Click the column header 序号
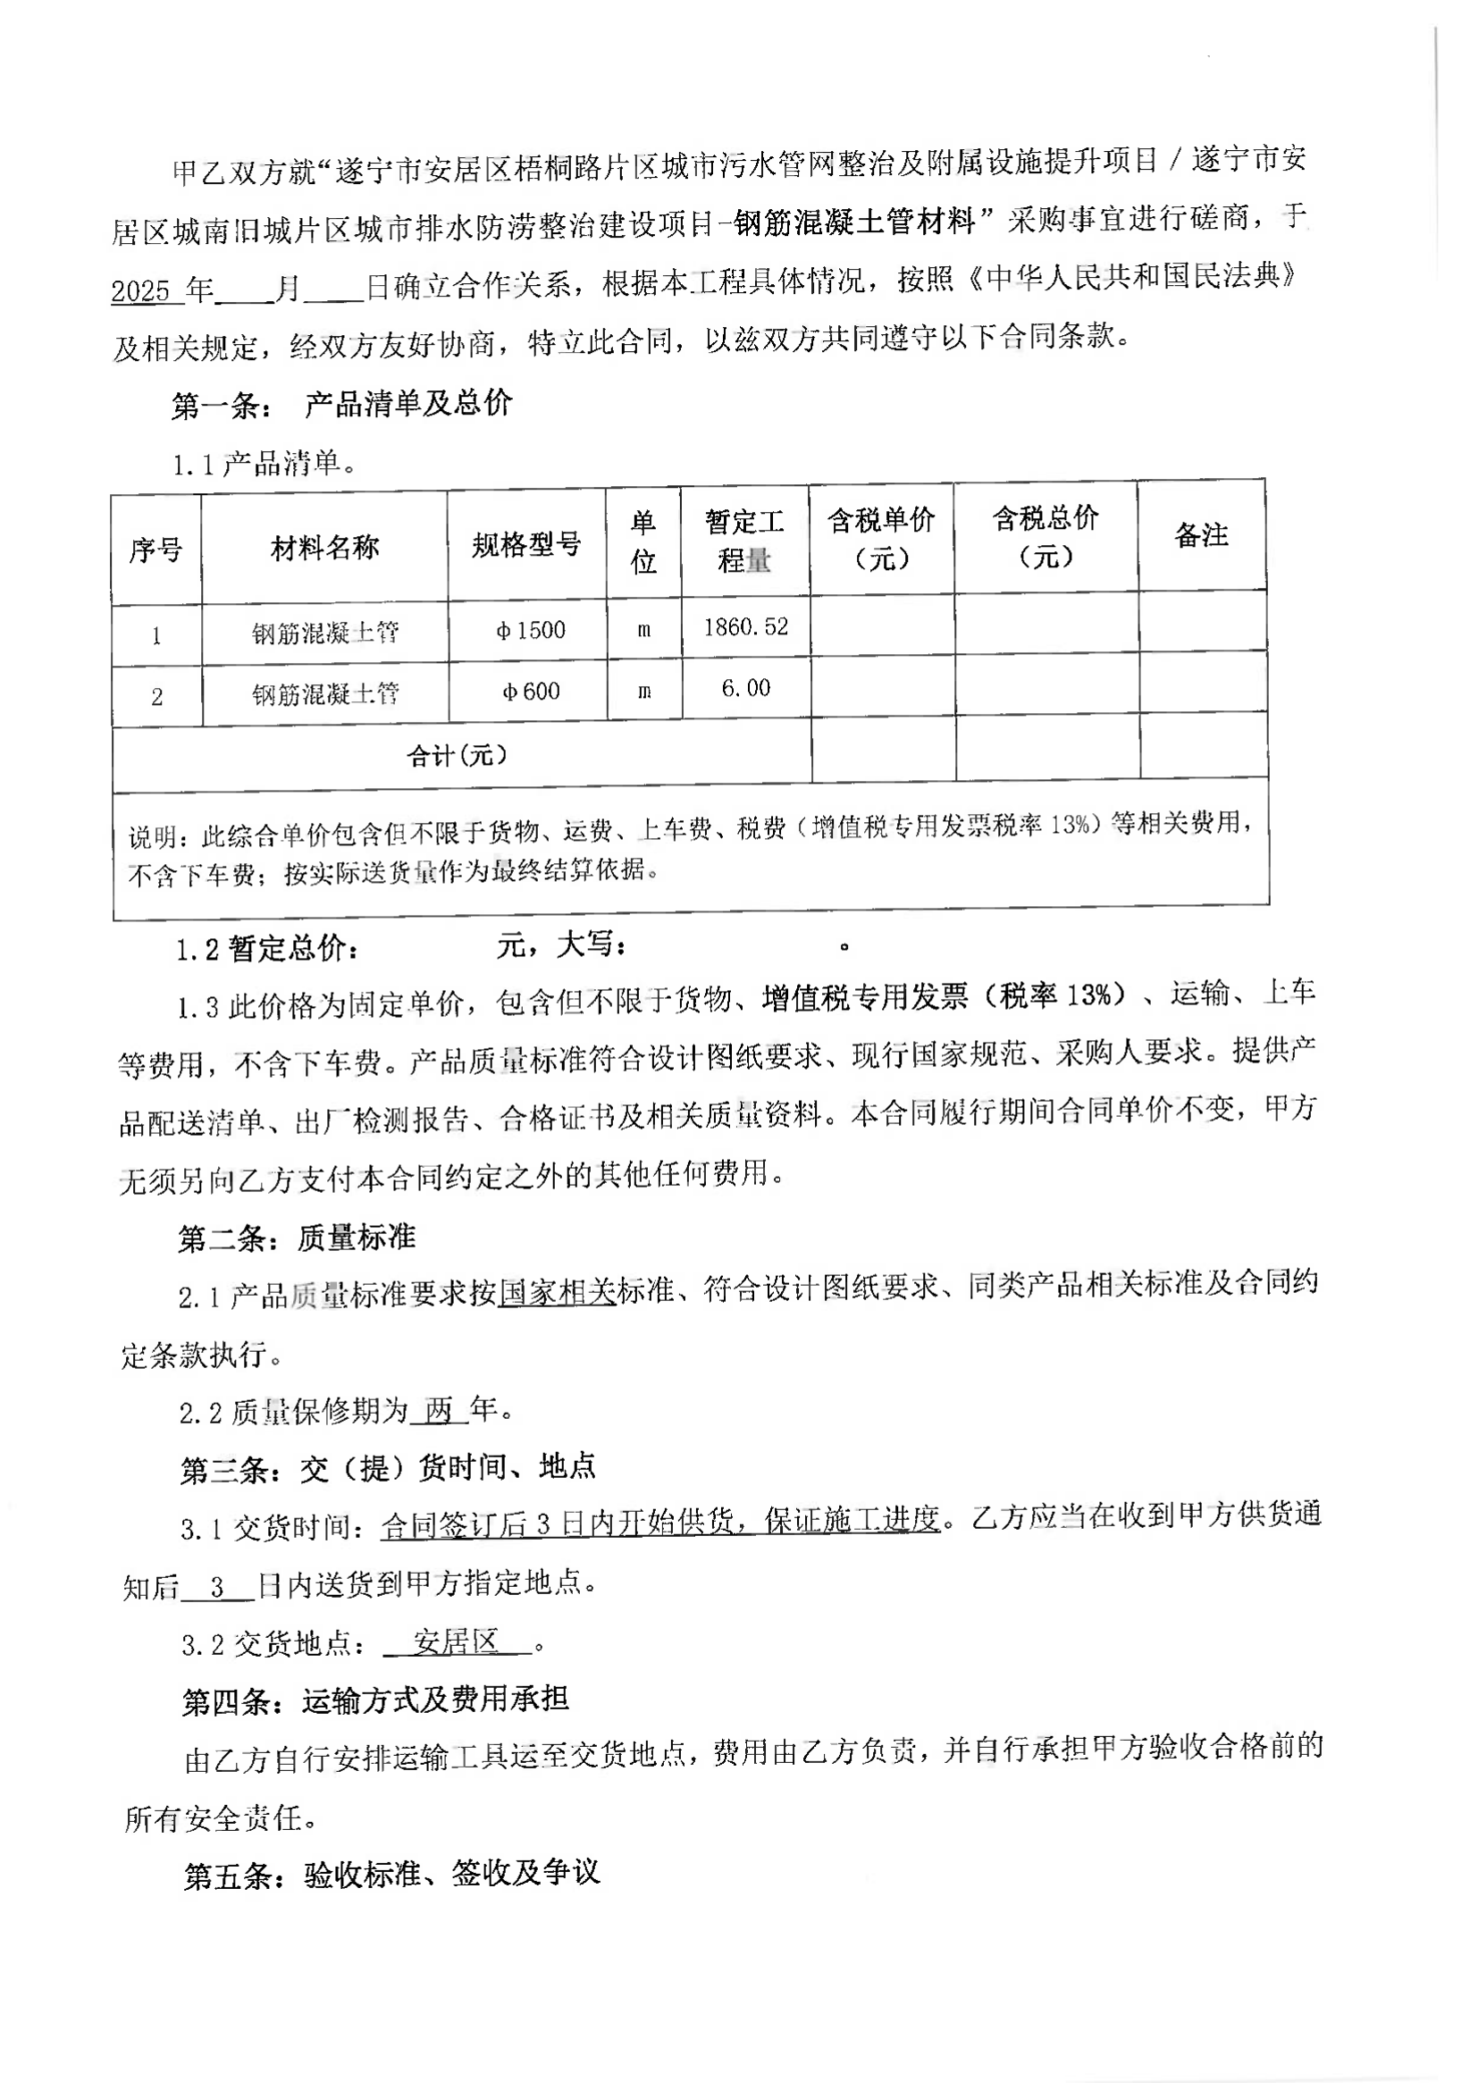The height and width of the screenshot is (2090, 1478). point(155,550)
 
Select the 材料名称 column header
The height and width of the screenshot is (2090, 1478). point(324,547)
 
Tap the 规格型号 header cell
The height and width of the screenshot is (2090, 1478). point(526,545)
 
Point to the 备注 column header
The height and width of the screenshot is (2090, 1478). point(1201,535)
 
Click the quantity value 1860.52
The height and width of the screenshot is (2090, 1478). point(745,627)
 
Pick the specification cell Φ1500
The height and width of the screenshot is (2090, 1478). point(531,630)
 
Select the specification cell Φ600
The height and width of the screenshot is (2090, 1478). point(531,692)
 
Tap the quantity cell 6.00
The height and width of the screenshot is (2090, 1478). point(745,688)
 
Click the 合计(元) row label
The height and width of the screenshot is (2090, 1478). point(456,755)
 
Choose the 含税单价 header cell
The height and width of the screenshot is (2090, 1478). point(881,538)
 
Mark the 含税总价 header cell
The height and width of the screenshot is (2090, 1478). point(1046,536)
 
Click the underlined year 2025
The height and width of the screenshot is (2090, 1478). point(141,291)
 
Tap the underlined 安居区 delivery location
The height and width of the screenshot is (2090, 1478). point(456,1642)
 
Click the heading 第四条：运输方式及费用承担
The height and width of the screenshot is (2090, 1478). point(375,1700)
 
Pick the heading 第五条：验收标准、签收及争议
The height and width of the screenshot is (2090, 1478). point(391,1874)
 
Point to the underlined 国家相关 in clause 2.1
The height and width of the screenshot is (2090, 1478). point(557,1292)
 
